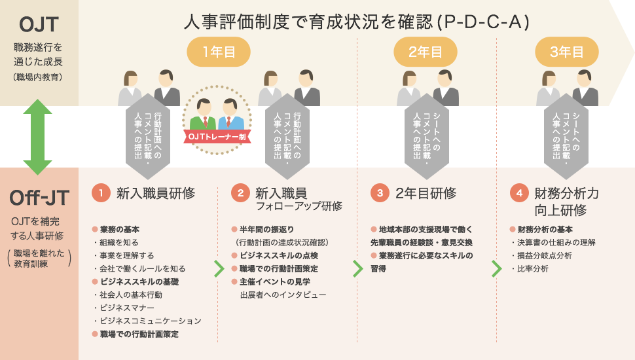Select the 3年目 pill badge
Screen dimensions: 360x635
pos(567,52)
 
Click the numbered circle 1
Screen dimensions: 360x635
pos(101,193)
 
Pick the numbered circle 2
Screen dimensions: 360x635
pos(240,193)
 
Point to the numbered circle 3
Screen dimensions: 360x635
pos(380,193)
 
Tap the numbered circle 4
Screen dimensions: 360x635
pos(519,193)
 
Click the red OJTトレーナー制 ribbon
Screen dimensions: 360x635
pos(217,137)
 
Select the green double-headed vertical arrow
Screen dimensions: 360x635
pos(38,137)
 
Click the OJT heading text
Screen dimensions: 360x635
pos(39,25)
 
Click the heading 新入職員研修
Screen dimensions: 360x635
pos(156,193)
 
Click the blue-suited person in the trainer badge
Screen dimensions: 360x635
pos(230,115)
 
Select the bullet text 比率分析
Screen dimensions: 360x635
pos(532,268)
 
